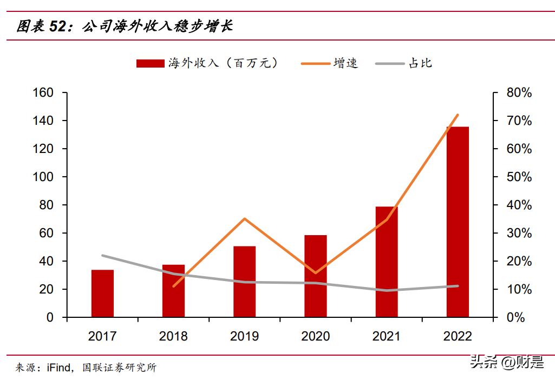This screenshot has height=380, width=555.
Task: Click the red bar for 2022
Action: [x=458, y=222]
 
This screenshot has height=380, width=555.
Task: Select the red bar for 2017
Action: [x=102, y=293]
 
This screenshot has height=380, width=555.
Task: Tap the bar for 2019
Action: [x=244, y=281]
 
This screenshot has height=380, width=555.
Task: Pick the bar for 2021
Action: [x=387, y=262]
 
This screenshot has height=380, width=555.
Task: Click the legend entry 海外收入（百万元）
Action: [x=208, y=63]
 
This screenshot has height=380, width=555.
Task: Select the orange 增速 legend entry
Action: [x=330, y=63]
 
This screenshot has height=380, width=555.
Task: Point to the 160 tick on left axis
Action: [x=43, y=93]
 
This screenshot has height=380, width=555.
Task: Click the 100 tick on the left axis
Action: [x=43, y=177]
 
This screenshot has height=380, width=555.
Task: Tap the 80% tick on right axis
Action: [x=519, y=93]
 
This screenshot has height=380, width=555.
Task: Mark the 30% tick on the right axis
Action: [x=519, y=234]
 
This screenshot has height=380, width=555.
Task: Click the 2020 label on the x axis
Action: [x=315, y=336]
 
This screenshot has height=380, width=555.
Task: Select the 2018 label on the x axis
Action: [x=173, y=336]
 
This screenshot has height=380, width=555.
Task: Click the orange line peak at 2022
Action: [x=458, y=115]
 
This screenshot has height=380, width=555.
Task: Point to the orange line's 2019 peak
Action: [x=244, y=218]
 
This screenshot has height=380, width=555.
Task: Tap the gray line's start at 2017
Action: [x=102, y=255]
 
